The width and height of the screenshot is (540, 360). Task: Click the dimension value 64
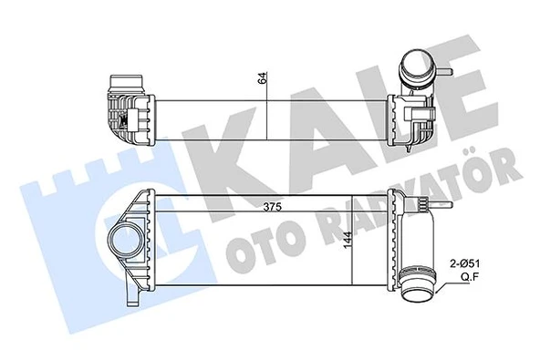pos(265,77)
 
